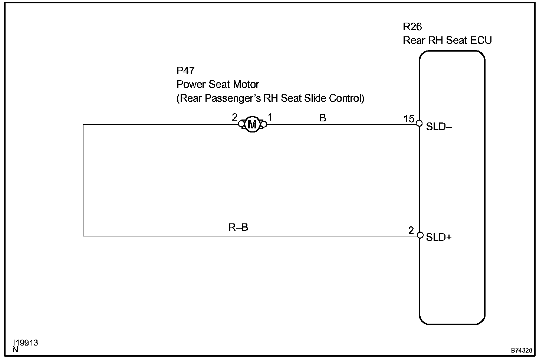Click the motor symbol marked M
tap(252, 124)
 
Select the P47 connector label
tap(185, 71)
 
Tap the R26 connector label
tap(412, 27)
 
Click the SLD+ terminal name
tap(439, 237)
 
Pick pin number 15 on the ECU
tap(409, 119)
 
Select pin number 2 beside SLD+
tap(411, 230)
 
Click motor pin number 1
tap(270, 117)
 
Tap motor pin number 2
tap(234, 117)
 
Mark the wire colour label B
tap(323, 118)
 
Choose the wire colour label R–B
tap(238, 227)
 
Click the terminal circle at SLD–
tap(419, 124)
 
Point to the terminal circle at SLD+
tap(420, 235)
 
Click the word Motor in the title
tap(246, 85)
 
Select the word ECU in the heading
tap(481, 40)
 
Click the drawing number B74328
tap(522, 350)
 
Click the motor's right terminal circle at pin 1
tap(264, 124)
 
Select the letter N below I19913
tap(15, 349)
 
